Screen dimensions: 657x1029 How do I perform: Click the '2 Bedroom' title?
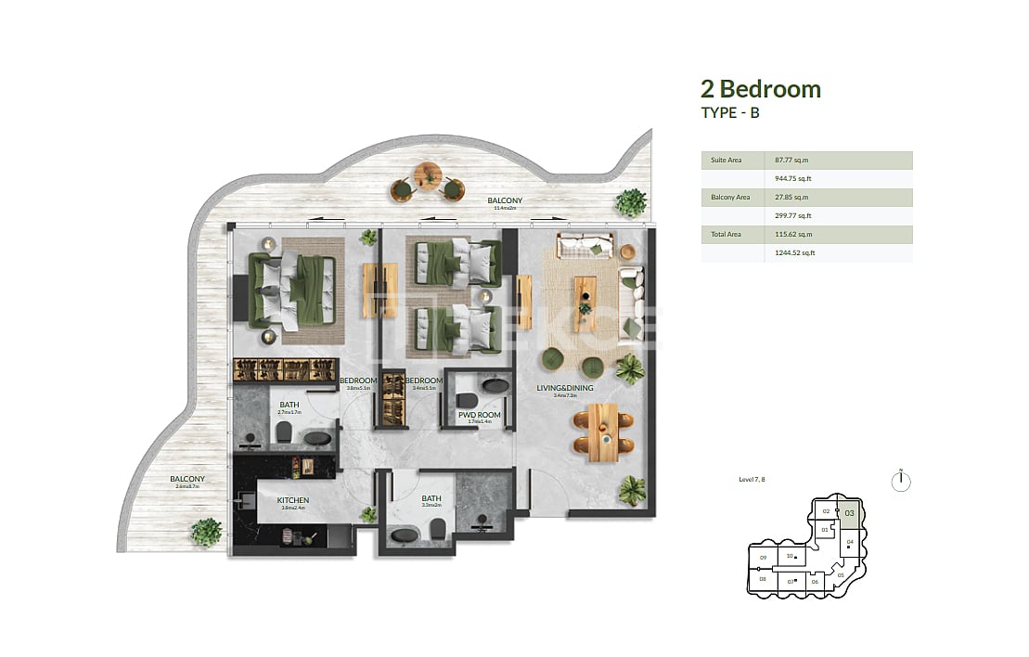coord(760,89)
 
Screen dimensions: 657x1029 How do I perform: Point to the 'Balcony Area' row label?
coord(730,198)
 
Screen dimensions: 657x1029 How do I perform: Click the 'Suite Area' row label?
coord(726,161)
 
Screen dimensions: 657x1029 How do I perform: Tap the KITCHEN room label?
coord(292,500)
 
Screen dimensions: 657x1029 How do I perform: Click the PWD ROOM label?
coord(479,415)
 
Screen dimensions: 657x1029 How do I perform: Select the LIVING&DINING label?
coord(564,388)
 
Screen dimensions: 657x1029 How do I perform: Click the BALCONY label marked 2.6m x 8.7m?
coord(186,480)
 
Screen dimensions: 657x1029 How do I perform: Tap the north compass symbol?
coord(900,481)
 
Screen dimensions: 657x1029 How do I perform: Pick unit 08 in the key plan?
coord(762,579)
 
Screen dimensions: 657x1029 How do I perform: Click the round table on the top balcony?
coord(429,174)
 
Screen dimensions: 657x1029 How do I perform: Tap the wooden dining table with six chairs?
coord(601,431)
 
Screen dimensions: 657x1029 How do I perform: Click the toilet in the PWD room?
coord(466,400)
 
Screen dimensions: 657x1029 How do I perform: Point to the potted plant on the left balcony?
coord(206,533)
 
